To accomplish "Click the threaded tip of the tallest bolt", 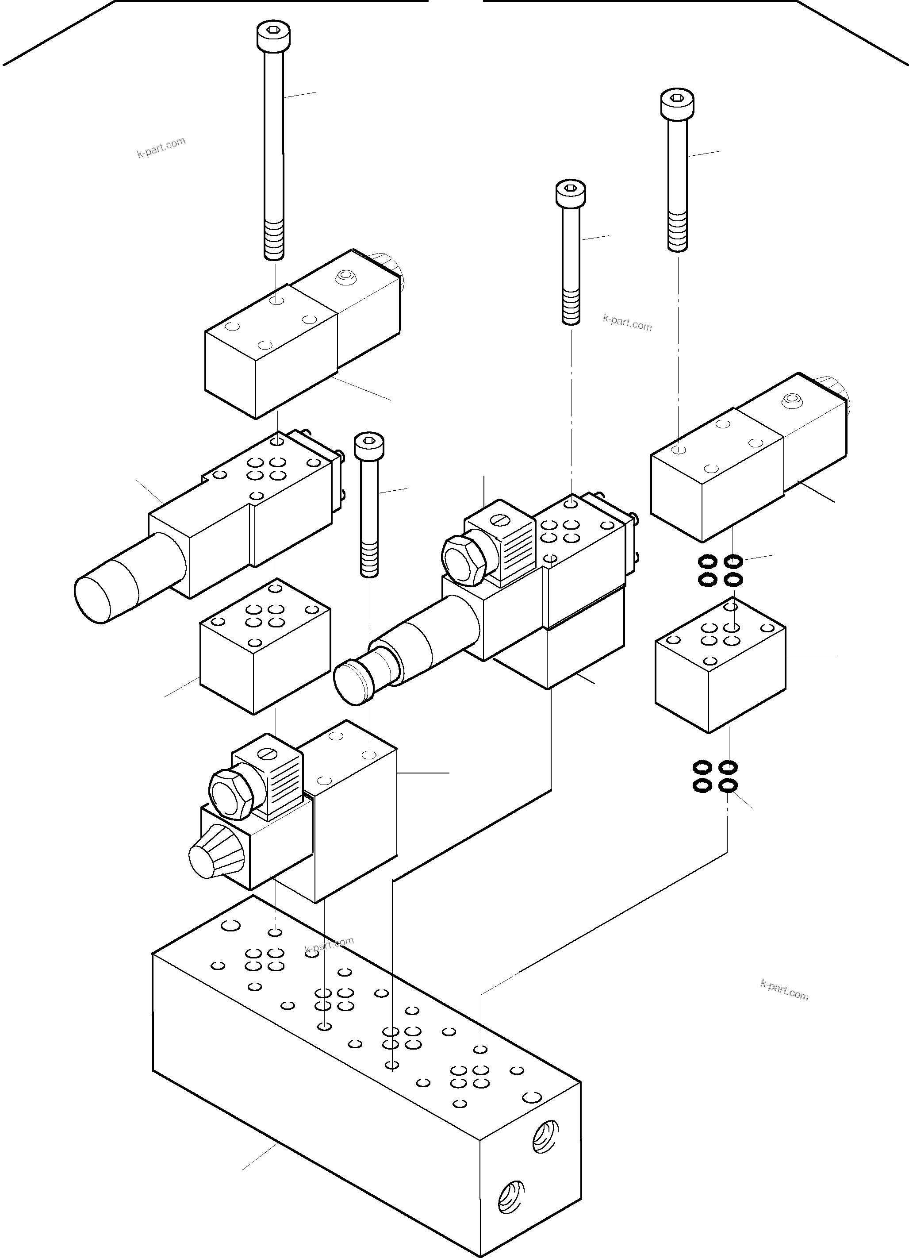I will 273,241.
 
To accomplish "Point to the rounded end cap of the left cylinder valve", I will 94,598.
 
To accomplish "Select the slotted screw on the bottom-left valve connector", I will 269,755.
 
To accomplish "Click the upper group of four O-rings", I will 720,571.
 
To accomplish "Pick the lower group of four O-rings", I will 715,776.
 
